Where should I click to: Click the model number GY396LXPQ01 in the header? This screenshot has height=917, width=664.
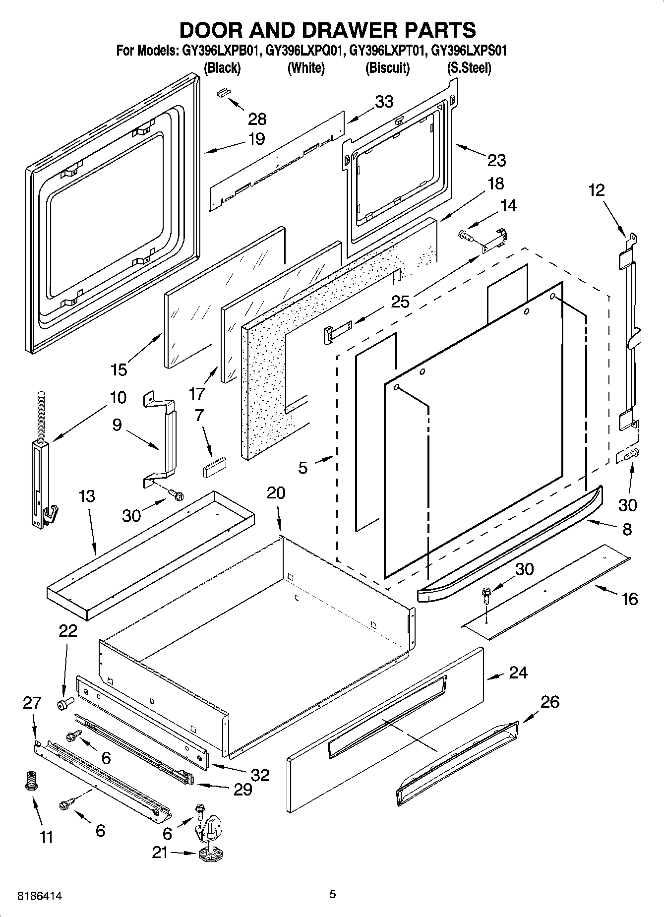(305, 51)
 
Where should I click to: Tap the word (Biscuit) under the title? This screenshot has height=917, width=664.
(387, 68)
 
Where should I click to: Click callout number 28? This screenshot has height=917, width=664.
(257, 119)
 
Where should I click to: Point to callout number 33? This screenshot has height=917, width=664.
(384, 102)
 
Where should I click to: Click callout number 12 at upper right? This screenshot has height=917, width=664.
(597, 190)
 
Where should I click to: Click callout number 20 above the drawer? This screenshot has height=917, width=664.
(276, 493)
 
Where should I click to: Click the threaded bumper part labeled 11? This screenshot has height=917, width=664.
(31, 782)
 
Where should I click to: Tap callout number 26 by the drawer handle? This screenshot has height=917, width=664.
(549, 702)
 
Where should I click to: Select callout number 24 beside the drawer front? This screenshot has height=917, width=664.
(518, 672)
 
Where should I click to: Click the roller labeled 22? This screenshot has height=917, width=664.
(64, 703)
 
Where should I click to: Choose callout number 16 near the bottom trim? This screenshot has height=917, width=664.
(629, 599)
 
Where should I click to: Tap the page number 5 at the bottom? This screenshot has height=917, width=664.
(333, 894)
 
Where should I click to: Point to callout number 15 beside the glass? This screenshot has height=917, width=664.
(119, 369)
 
